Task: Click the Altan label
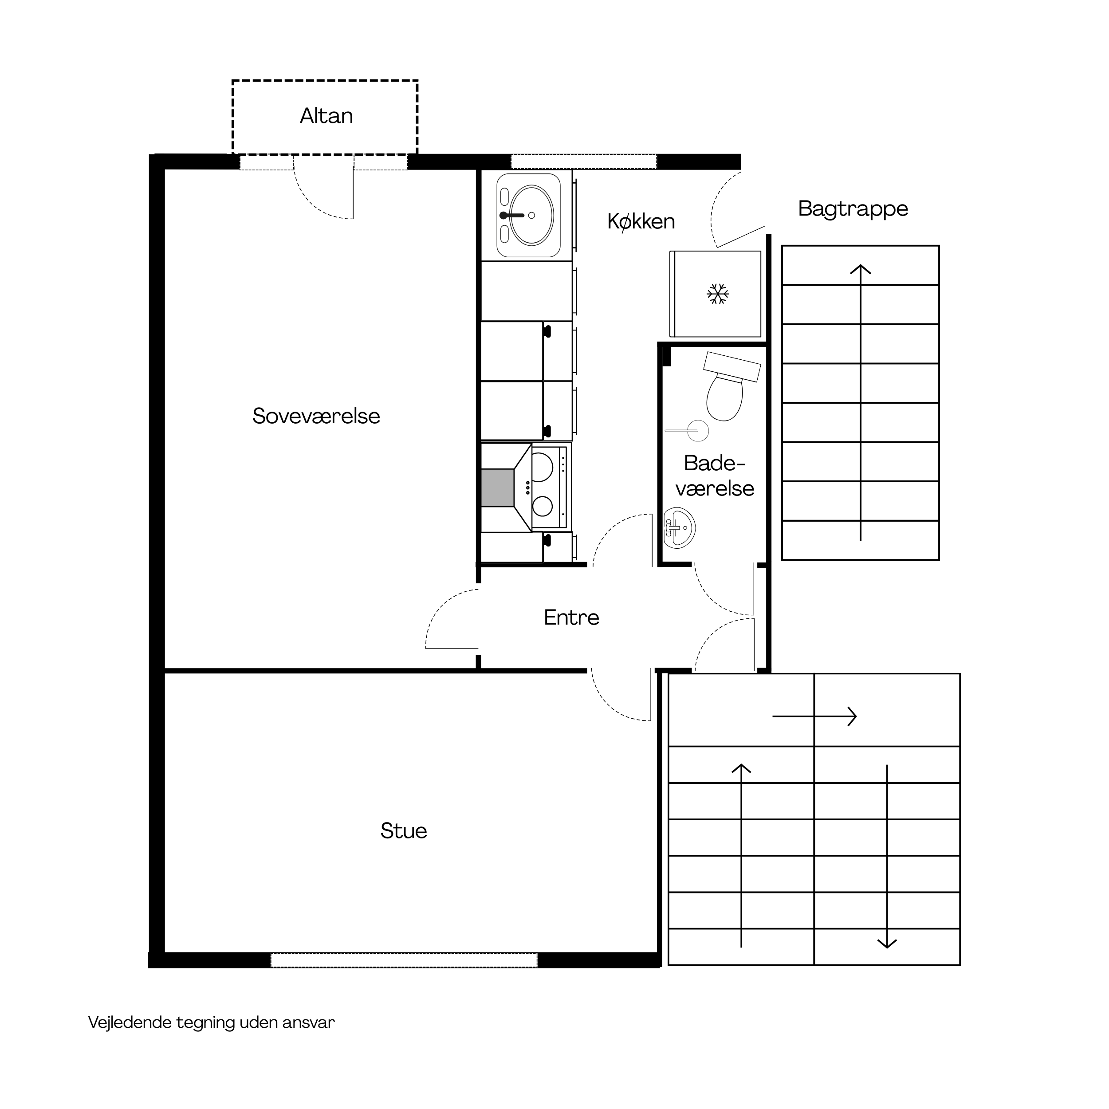326,116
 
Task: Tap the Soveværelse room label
316,416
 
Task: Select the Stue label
404,830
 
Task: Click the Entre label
571,617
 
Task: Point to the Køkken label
641,221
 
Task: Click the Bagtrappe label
853,209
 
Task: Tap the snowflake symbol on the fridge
717,294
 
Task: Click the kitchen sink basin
531,215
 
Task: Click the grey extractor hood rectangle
498,488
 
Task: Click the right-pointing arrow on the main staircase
814,716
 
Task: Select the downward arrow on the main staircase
888,856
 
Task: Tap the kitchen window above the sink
584,161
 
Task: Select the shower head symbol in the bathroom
687,430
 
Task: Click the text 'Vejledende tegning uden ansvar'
211,1022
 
